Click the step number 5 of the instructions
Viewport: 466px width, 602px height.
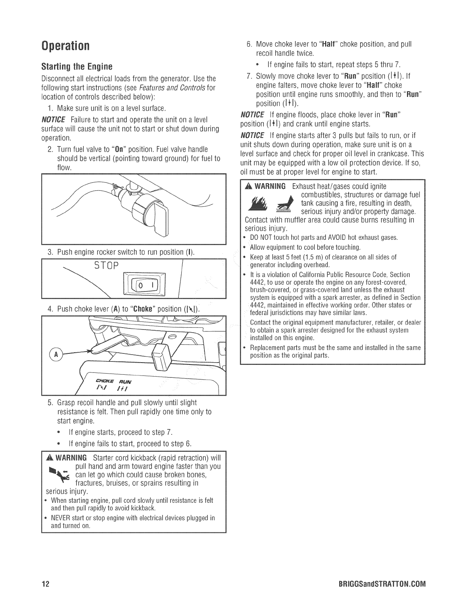[x=50, y=402]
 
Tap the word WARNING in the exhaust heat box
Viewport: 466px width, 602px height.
[x=270, y=186]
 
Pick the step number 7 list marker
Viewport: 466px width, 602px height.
[x=249, y=75]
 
